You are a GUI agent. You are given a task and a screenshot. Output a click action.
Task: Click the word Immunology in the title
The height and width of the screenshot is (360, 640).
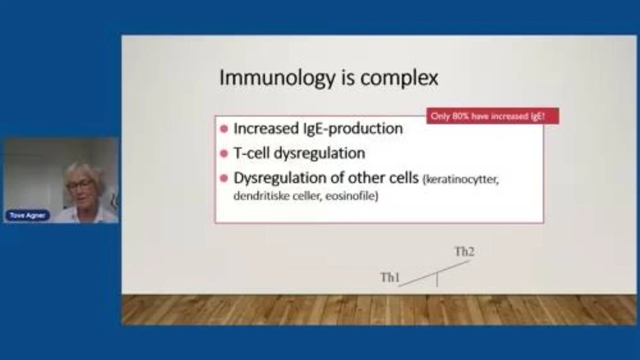click(276, 78)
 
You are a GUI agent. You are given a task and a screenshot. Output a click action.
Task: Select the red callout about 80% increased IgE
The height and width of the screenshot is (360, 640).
click(493, 116)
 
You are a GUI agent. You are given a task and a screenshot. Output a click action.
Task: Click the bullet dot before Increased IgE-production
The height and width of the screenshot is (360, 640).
click(224, 129)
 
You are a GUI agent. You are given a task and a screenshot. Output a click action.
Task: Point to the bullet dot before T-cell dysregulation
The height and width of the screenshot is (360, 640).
click(224, 154)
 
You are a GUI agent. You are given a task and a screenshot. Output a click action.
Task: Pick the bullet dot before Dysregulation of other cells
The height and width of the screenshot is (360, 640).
click(224, 178)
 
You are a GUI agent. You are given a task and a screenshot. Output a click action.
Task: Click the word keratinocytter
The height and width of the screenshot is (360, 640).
click(461, 179)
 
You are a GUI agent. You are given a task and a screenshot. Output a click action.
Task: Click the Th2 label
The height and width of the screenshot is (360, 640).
click(465, 252)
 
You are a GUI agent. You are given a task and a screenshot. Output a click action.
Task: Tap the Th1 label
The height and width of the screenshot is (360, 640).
click(390, 278)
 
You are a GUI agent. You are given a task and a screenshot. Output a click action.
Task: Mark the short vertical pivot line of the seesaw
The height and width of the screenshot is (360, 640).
click(437, 279)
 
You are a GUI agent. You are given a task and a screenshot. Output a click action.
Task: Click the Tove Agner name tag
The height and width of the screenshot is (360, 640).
click(27, 215)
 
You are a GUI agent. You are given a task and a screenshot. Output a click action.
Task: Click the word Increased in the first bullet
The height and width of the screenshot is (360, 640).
click(266, 129)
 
